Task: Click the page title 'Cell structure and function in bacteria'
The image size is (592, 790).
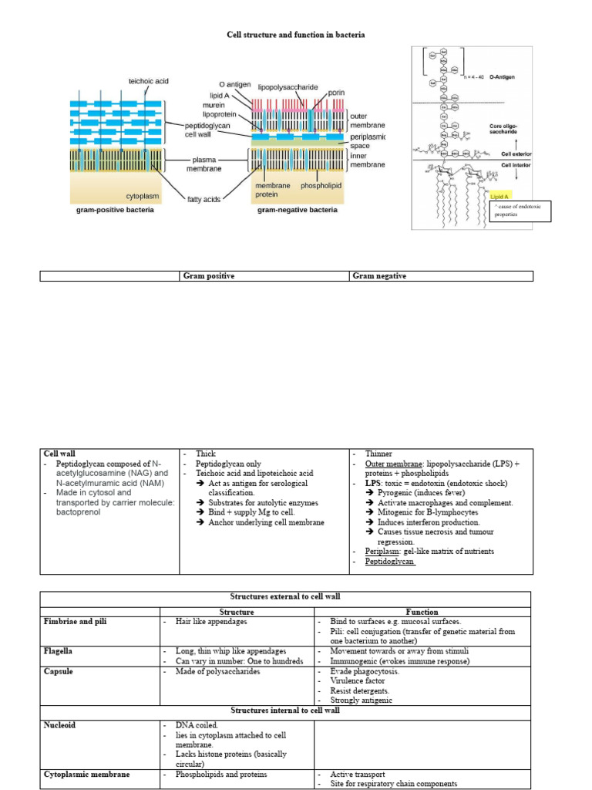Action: [295, 35]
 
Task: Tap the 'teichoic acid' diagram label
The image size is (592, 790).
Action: [148, 81]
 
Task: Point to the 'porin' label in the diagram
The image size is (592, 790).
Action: [336, 92]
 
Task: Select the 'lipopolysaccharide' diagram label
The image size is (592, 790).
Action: [288, 87]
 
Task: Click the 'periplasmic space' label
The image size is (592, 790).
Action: [367, 140]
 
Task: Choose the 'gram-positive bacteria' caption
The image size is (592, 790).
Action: [114, 210]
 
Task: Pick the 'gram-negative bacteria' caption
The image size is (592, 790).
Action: [297, 210]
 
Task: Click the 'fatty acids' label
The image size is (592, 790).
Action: [203, 199]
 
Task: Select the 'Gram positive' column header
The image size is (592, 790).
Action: [208, 275]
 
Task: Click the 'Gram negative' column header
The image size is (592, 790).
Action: [378, 275]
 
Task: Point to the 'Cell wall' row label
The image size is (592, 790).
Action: [59, 454]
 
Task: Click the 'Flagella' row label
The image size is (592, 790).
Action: [59, 651]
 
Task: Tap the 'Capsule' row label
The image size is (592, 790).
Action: [58, 671]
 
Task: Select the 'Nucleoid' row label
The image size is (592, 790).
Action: [59, 725]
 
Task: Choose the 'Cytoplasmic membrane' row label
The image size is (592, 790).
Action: [86, 774]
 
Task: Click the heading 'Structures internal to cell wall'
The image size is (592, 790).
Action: [285, 711]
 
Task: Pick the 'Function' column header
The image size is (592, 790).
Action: [422, 612]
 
